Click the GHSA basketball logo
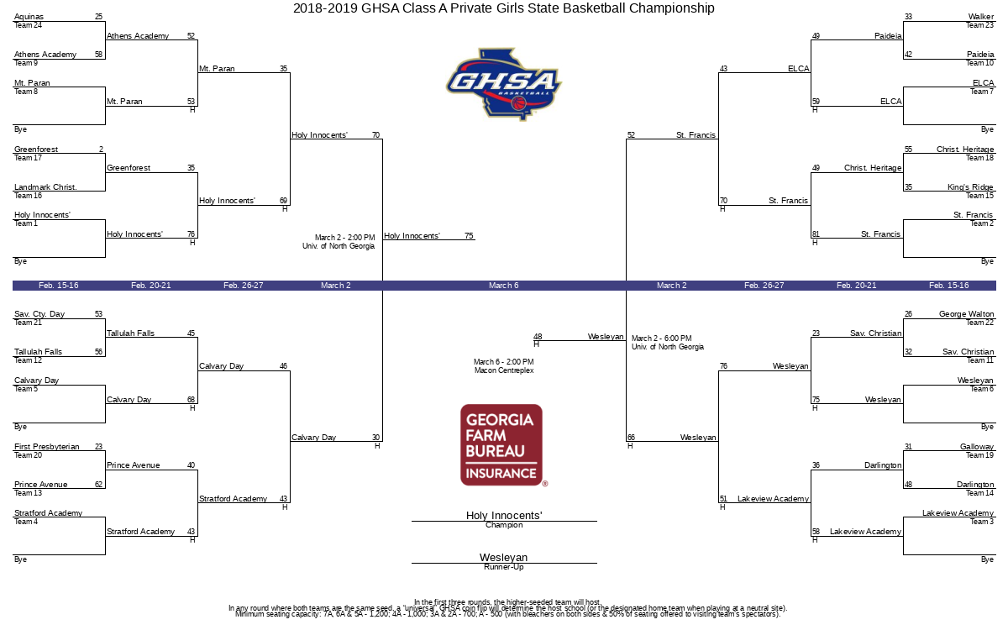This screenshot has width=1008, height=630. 503,84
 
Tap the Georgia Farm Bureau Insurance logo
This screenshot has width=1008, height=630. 501,445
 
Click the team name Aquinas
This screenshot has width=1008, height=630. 29,17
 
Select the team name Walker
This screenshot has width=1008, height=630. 980,17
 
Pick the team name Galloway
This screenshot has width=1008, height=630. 976,447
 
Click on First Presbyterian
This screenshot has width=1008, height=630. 47,447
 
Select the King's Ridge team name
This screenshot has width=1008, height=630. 970,187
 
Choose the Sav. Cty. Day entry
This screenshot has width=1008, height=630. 39,314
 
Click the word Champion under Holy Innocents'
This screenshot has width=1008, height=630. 504,526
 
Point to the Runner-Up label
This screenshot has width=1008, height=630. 504,568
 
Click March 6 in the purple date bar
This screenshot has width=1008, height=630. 504,286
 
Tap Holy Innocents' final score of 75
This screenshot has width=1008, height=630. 469,236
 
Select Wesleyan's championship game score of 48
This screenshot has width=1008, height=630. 538,337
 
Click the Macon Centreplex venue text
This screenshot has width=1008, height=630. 504,370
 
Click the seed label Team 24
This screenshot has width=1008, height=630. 28,25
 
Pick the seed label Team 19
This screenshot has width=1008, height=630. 979,455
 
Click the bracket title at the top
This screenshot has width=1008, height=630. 504,8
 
